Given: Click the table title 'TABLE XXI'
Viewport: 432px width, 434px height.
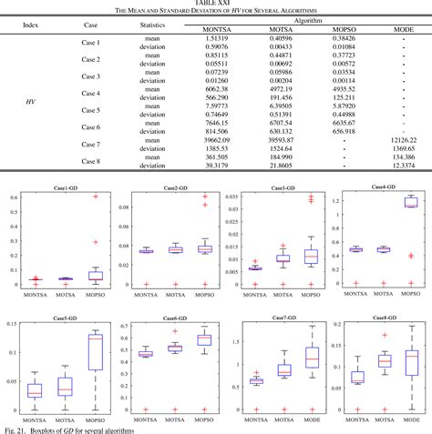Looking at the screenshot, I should [215, 4].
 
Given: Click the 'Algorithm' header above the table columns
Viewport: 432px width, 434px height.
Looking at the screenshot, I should [308, 19].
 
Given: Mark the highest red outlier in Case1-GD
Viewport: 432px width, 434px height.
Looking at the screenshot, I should [96, 197].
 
